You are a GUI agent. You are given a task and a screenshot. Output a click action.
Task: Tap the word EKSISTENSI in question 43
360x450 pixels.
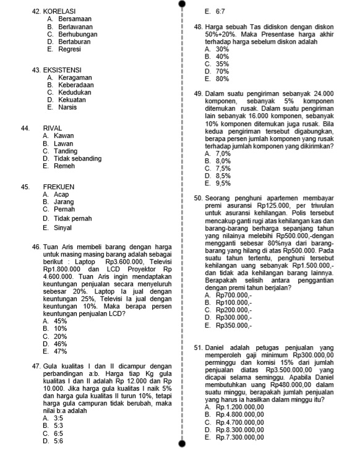(64, 70)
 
